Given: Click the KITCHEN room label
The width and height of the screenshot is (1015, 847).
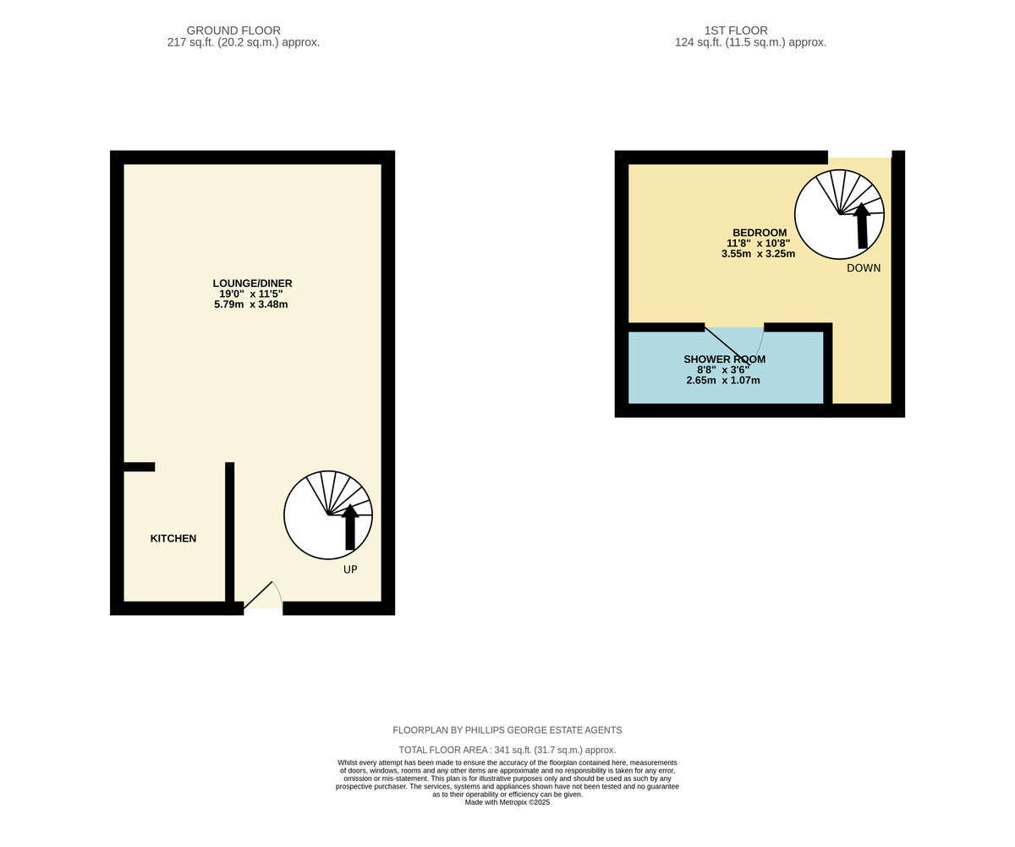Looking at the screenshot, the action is tap(173, 538).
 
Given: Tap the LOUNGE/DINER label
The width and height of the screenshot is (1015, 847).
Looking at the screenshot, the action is tap(252, 283).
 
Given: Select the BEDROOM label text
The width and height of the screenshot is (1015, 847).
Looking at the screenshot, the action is tap(760, 233).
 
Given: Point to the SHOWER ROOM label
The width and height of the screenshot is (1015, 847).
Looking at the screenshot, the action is tap(724, 360).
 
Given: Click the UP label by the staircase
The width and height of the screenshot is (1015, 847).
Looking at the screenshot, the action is tap(350, 569).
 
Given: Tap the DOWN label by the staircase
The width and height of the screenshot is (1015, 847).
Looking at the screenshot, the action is tap(864, 268).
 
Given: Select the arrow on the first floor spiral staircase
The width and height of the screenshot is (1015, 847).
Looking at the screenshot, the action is tap(862, 226).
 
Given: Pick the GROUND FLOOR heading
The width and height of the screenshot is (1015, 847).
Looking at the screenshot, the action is tap(233, 30).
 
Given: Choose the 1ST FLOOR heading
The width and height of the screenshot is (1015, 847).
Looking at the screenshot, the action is tap(736, 30).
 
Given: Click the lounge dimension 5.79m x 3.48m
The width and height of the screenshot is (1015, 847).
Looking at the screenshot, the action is tap(251, 305).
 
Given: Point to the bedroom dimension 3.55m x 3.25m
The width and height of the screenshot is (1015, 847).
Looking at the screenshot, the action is tap(758, 254).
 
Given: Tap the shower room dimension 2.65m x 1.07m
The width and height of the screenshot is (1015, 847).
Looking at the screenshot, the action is tap(723, 380).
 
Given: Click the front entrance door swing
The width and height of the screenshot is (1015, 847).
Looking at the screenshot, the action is tap(263, 595).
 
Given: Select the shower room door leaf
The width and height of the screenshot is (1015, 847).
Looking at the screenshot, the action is tap(727, 346).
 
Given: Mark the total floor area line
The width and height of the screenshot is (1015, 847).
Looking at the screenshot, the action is tap(507, 750).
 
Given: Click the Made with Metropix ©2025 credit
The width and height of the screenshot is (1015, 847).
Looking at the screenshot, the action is tap(507, 802).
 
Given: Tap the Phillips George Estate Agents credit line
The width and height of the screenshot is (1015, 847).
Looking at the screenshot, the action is tap(507, 730).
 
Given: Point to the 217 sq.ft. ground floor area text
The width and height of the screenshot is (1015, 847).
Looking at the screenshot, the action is tap(243, 43).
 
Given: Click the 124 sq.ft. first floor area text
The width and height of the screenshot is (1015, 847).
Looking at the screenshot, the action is tap(750, 43).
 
